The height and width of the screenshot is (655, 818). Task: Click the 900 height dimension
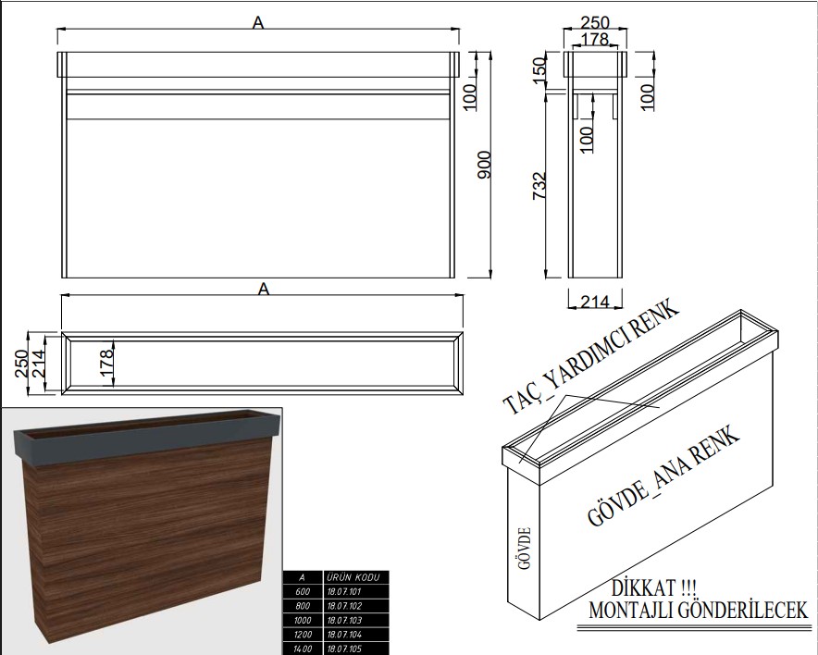click(x=485, y=165)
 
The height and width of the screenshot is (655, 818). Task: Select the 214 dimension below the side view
click(x=595, y=301)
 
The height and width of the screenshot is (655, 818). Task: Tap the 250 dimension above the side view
click(x=595, y=22)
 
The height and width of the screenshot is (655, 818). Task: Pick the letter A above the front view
click(x=258, y=23)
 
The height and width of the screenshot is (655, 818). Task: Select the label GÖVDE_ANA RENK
click(x=663, y=476)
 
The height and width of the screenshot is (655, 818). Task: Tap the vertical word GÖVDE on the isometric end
click(x=526, y=548)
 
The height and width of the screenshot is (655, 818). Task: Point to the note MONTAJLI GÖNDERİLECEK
click(x=698, y=611)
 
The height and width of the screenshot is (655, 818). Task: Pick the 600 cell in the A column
click(x=303, y=592)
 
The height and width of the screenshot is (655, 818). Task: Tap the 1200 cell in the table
click(x=303, y=635)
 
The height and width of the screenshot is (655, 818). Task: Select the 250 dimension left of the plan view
click(x=21, y=363)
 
